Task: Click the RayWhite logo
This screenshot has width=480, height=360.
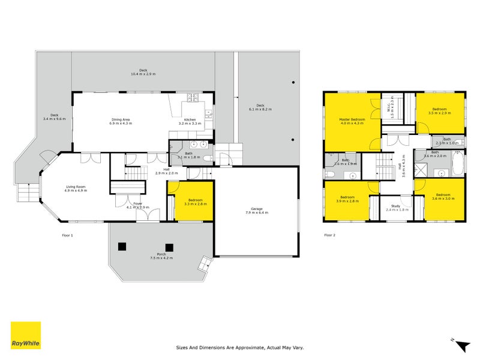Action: point(26,335)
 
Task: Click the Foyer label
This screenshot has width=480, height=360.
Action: point(137,205)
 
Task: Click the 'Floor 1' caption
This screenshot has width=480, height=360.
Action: point(67,235)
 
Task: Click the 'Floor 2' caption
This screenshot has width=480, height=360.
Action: point(329,235)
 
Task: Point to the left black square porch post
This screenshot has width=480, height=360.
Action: point(122,245)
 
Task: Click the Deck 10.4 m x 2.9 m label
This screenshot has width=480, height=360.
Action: point(143,72)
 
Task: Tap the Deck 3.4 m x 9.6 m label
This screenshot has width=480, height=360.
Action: point(54,117)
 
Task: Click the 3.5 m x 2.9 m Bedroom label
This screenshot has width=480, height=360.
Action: point(439,111)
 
